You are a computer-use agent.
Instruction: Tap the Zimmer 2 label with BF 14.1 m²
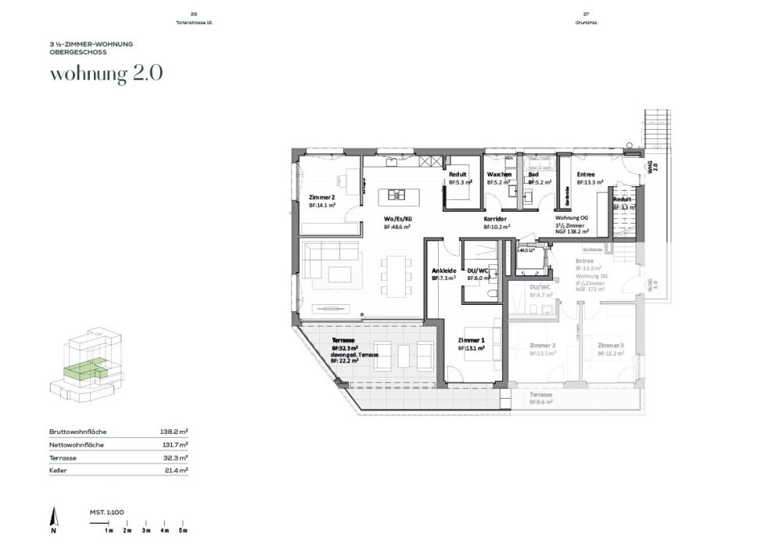tap(321, 197)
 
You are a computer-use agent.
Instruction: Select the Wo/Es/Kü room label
tap(397, 219)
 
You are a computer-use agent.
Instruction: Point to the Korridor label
tap(496, 219)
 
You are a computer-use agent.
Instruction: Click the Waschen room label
tap(499, 174)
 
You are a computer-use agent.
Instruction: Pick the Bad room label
tap(533, 174)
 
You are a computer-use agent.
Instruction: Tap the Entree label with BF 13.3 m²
tap(586, 174)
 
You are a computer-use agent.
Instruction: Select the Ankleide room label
tap(443, 271)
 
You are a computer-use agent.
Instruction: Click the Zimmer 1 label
tap(472, 340)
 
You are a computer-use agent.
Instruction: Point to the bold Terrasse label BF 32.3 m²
tap(345, 341)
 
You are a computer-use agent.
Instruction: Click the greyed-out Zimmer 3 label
tap(610, 345)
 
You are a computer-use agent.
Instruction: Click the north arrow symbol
tap(53, 518)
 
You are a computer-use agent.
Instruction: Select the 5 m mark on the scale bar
tap(184, 530)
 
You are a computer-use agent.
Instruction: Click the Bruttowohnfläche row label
tap(77, 431)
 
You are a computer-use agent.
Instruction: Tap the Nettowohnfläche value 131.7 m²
tap(175, 444)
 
